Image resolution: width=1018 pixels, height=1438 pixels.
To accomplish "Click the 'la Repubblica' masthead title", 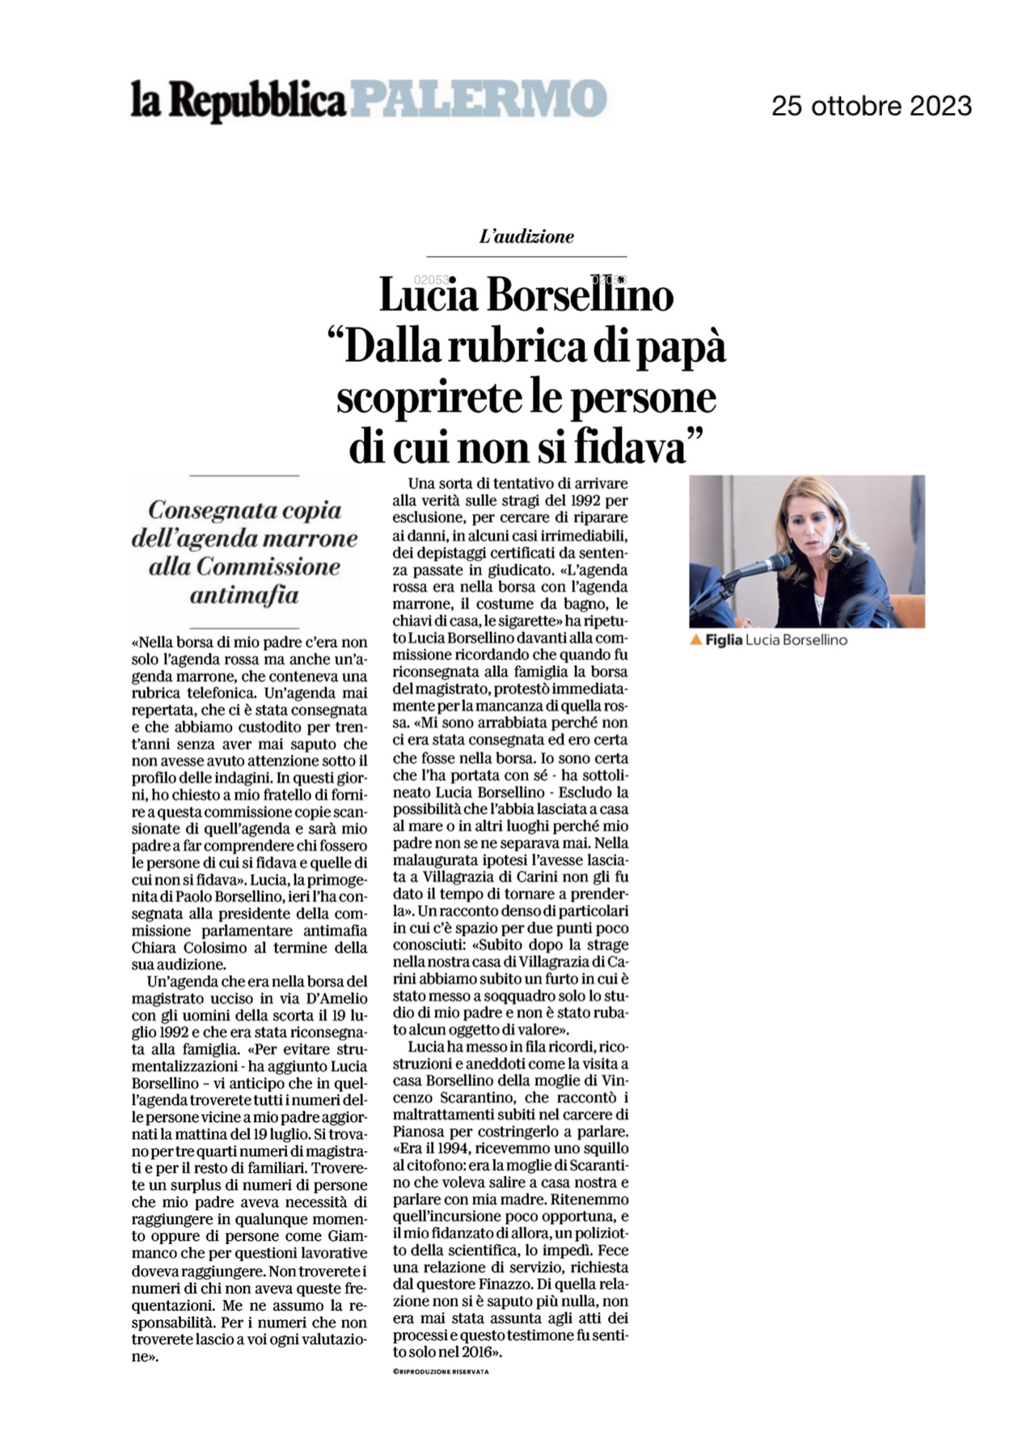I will [x=239, y=101].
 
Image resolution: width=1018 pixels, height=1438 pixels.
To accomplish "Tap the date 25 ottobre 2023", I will [x=871, y=106].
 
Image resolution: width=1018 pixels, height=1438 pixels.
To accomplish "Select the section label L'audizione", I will [x=526, y=237].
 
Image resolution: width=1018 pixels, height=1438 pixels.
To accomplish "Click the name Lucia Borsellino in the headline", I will [x=526, y=296].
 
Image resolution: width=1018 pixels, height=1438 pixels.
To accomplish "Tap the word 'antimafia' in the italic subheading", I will [x=244, y=596].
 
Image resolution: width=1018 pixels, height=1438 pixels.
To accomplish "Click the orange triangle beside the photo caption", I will [x=695, y=640].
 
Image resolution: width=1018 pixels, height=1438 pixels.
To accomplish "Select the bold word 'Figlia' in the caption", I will [x=723, y=640].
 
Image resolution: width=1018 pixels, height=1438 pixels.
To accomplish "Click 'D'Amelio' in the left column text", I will [x=340, y=998].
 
